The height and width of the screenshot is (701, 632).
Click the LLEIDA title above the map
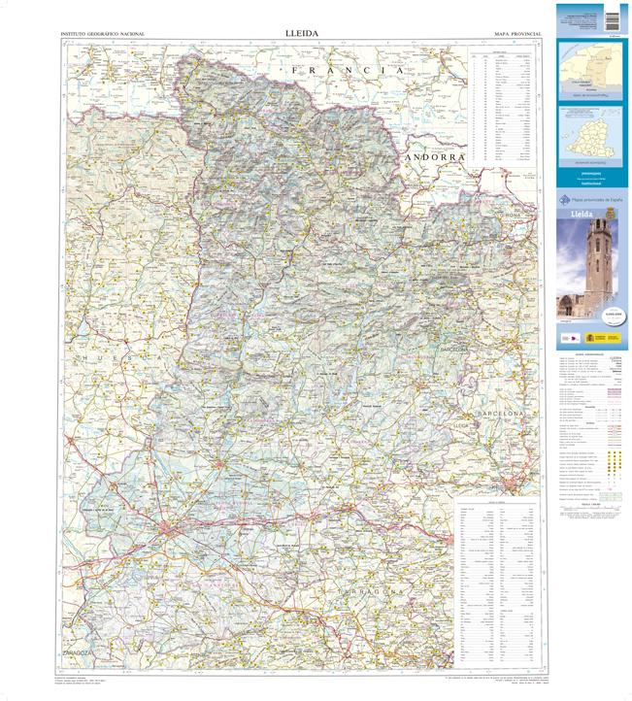[x=302, y=33]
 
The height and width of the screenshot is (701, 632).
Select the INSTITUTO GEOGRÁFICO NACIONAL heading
[x=102, y=34]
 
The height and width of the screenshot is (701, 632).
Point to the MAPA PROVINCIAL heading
[x=517, y=34]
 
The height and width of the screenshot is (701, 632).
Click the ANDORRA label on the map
[x=437, y=156]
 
